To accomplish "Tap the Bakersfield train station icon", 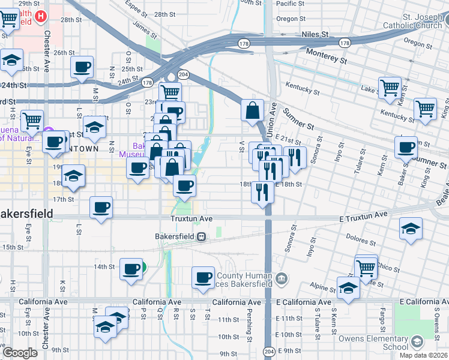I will pyautogui.click(x=203, y=236).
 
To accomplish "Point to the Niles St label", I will pyautogui.click(x=316, y=35).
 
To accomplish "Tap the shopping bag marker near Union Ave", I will pyautogui.click(x=253, y=110).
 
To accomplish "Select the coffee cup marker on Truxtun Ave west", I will pyautogui.click(x=101, y=208).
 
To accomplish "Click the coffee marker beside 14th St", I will pyautogui.click(x=131, y=269).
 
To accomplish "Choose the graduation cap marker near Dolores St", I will pyautogui.click(x=411, y=229).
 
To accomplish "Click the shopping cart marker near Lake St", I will pyautogui.click(x=390, y=88).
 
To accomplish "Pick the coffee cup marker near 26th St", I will pyautogui.click(x=82, y=67).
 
